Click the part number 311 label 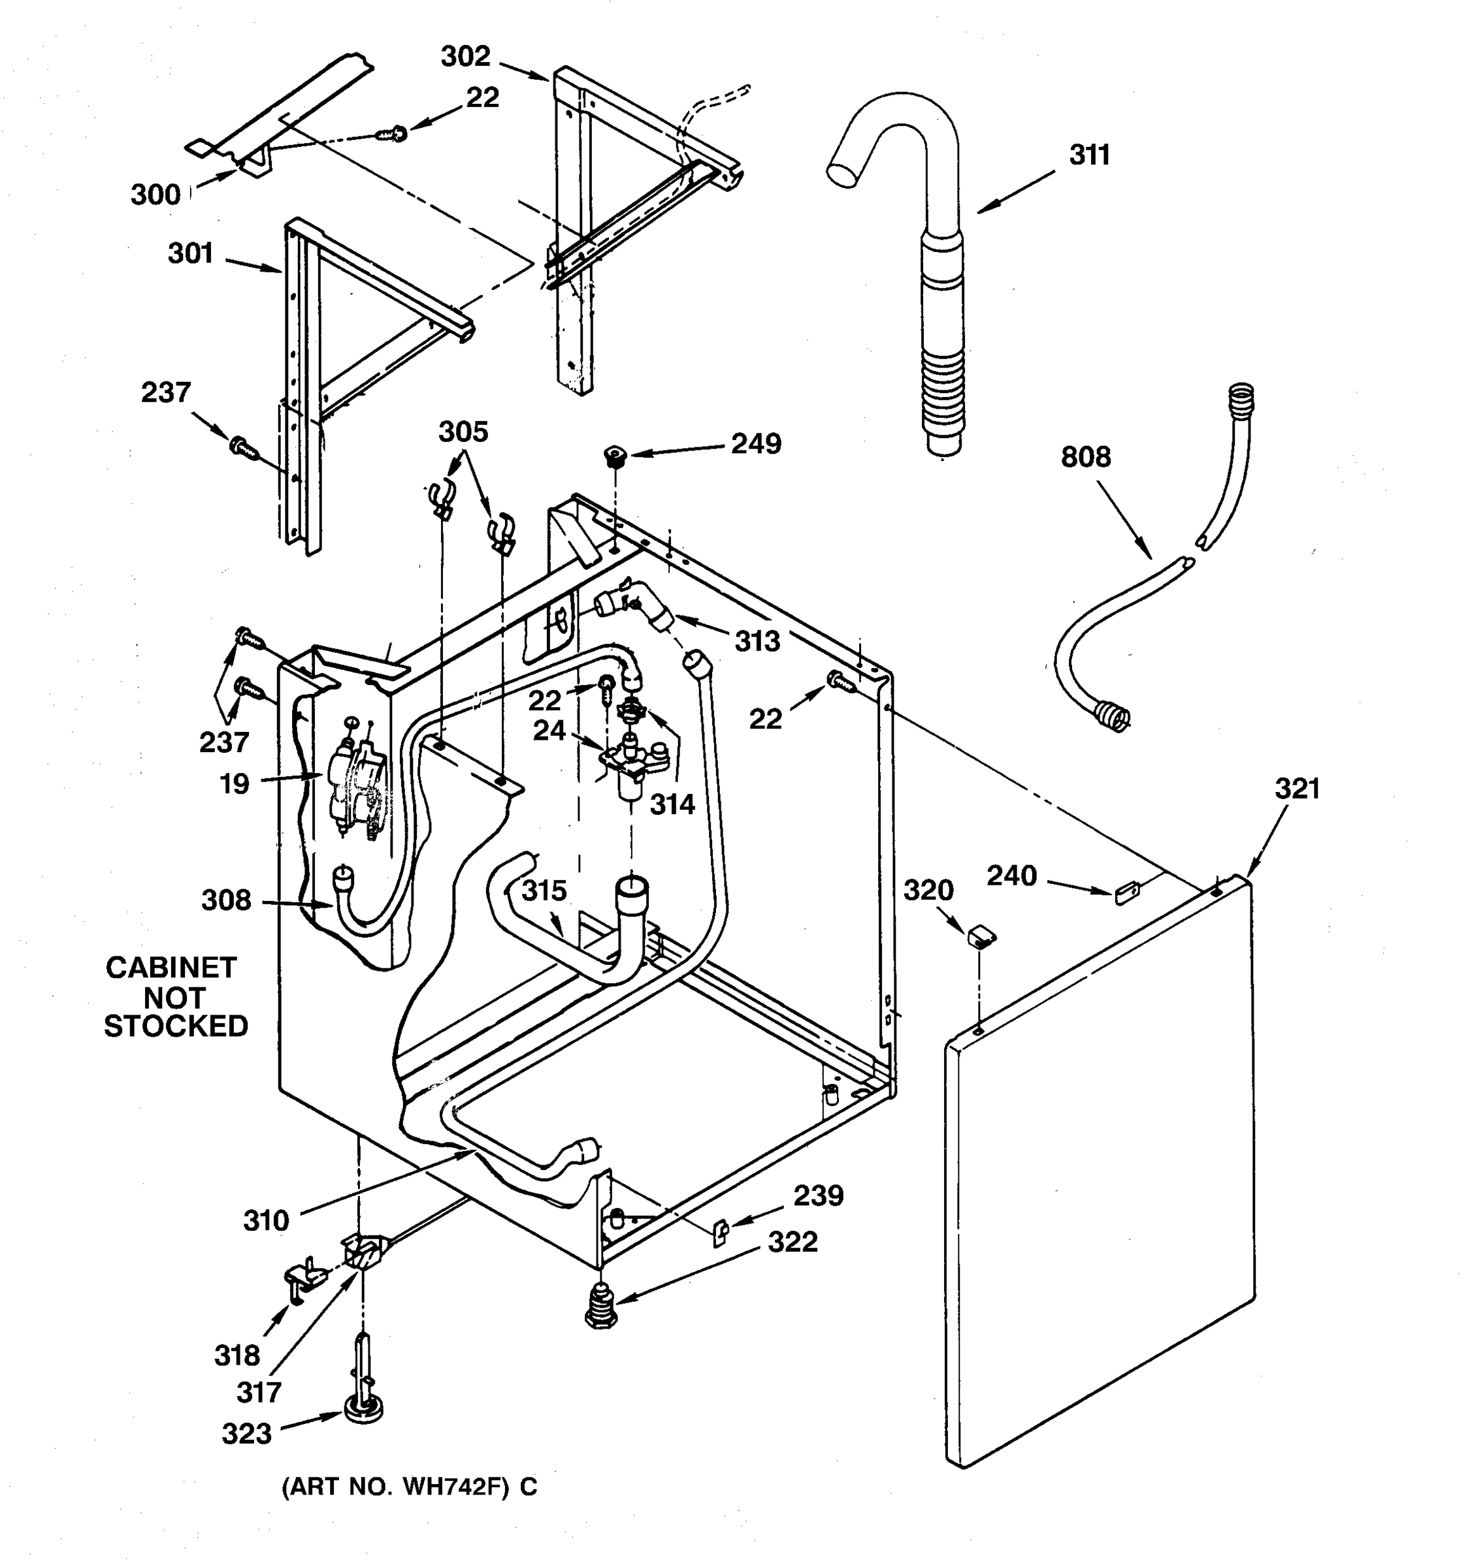[x=1089, y=155]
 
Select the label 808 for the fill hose [x=1085, y=457]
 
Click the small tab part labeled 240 [x=1127, y=894]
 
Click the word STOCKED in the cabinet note [x=176, y=1026]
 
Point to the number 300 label [x=155, y=195]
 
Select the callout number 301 [x=190, y=254]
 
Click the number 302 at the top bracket [x=465, y=57]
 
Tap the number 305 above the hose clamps [x=463, y=432]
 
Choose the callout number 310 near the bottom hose [x=266, y=1221]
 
